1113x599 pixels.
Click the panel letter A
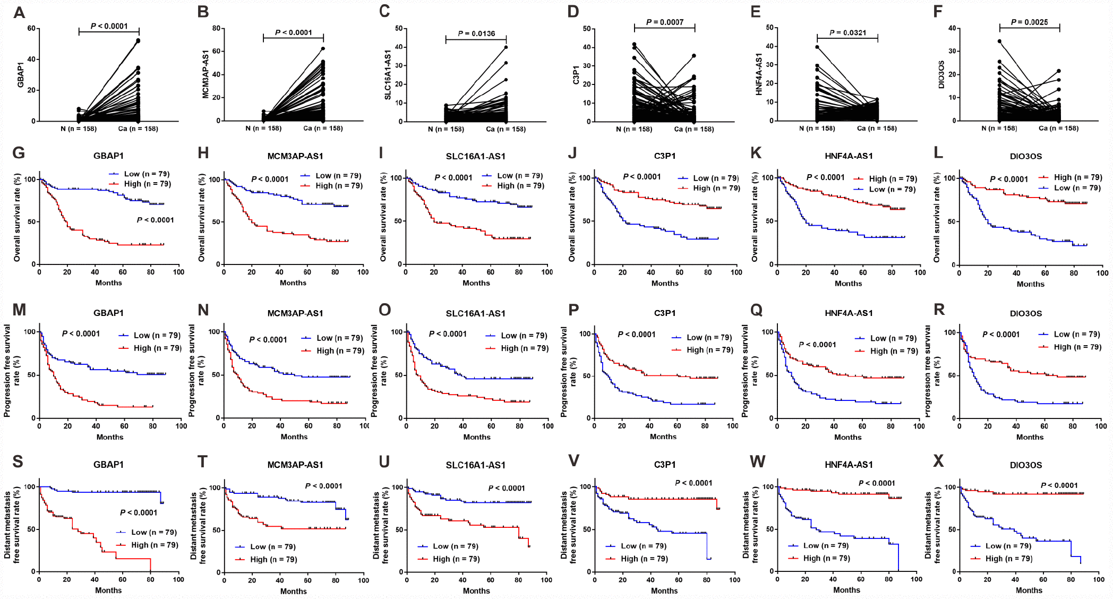point(19,13)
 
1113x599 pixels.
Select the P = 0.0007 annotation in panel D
point(664,22)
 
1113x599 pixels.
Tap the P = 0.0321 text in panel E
point(847,33)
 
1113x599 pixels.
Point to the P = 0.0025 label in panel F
point(1029,22)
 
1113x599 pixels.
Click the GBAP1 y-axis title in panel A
point(21,75)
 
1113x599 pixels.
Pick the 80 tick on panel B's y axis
point(216,28)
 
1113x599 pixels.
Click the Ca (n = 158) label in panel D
point(694,129)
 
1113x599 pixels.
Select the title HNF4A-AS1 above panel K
point(849,156)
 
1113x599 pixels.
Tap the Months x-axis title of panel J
point(665,284)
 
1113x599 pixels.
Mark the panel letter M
point(19,310)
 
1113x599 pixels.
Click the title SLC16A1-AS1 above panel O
point(475,314)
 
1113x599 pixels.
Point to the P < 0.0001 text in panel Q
point(817,345)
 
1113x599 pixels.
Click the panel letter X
point(938,461)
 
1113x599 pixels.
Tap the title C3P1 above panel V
point(664,465)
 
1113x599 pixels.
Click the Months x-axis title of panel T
point(293,592)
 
